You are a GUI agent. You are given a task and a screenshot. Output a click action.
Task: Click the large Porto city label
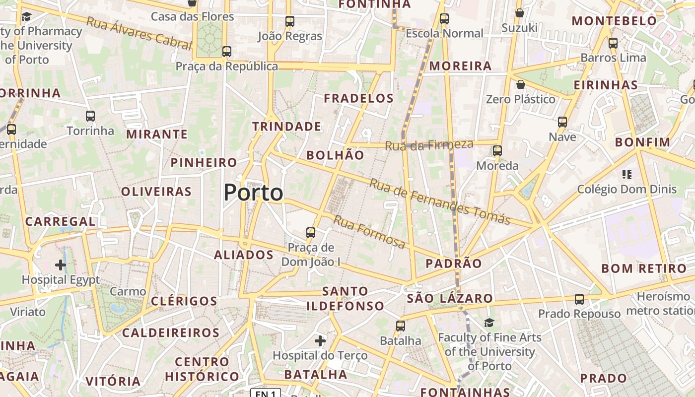(x=253, y=193)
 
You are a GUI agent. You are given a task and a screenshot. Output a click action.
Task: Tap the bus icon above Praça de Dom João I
(x=311, y=232)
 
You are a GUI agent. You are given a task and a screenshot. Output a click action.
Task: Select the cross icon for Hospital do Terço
(x=320, y=341)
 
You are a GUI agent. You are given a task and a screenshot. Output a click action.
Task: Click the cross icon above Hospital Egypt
(x=61, y=265)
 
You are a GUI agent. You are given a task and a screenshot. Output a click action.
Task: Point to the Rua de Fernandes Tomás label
(x=440, y=201)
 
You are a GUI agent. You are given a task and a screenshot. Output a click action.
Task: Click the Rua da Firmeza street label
(x=429, y=145)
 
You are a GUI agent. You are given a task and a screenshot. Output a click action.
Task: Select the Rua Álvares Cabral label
(x=139, y=33)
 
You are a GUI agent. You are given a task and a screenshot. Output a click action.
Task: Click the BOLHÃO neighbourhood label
(x=335, y=155)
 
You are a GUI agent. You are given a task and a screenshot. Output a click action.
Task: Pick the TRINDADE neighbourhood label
(x=287, y=127)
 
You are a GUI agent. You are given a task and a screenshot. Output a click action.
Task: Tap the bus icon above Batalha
(x=401, y=326)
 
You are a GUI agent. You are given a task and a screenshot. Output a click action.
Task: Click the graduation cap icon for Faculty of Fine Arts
(x=489, y=323)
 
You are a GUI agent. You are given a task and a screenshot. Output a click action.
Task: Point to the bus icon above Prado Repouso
(x=579, y=299)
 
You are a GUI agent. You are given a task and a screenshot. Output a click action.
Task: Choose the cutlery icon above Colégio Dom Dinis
(x=626, y=174)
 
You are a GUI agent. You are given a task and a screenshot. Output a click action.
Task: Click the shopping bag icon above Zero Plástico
(x=521, y=84)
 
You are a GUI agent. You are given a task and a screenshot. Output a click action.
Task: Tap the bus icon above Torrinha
(x=90, y=116)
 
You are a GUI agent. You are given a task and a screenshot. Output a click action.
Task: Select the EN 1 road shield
(x=266, y=394)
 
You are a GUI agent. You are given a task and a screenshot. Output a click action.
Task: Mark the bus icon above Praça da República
(x=227, y=51)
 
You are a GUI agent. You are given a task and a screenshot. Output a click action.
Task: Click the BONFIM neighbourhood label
(x=643, y=142)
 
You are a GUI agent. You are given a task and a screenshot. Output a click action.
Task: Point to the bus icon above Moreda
(x=497, y=151)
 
